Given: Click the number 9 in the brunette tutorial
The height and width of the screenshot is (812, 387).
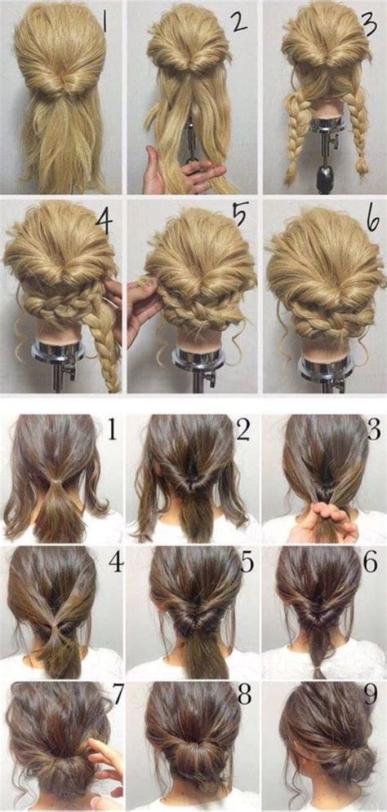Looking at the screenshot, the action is (371, 696).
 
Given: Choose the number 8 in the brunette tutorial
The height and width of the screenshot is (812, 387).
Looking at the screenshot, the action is (245, 696).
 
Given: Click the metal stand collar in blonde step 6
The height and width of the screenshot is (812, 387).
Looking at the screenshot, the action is (327, 367).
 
